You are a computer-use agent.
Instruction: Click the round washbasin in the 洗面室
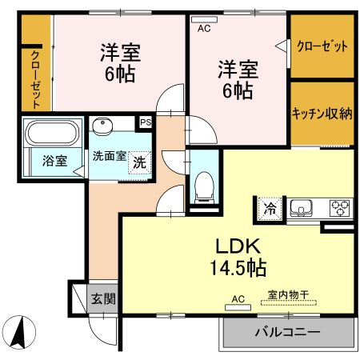(102, 126)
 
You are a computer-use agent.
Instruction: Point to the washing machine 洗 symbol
(140, 160)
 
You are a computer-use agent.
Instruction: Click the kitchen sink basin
(302, 208)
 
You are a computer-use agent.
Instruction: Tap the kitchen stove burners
(340, 208)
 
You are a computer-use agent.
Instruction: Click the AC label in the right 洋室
(204, 27)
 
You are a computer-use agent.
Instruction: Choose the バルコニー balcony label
(288, 331)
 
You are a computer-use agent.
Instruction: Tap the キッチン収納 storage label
(322, 113)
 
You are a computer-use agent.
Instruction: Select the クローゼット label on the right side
(322, 46)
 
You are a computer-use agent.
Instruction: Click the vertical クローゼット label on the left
(36, 78)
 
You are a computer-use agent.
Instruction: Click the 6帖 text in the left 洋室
(122, 74)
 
